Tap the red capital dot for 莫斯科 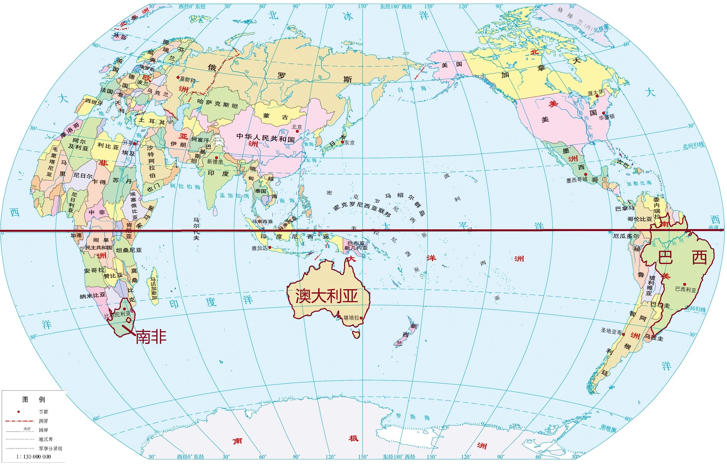tap(178, 78)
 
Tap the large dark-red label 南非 tap(151, 337)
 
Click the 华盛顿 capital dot tap(603, 113)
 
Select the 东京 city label tap(349, 143)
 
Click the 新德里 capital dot tap(216, 158)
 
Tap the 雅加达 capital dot tap(270, 247)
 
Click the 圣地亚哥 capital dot tap(623, 334)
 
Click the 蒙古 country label tap(276, 117)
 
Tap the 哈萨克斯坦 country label tap(217, 104)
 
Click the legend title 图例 tap(33, 399)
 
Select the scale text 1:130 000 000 tap(33, 456)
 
